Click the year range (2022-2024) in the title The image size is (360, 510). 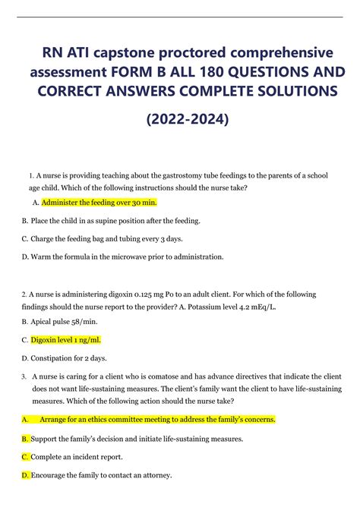(179, 121)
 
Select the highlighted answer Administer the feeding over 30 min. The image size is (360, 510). (99, 203)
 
